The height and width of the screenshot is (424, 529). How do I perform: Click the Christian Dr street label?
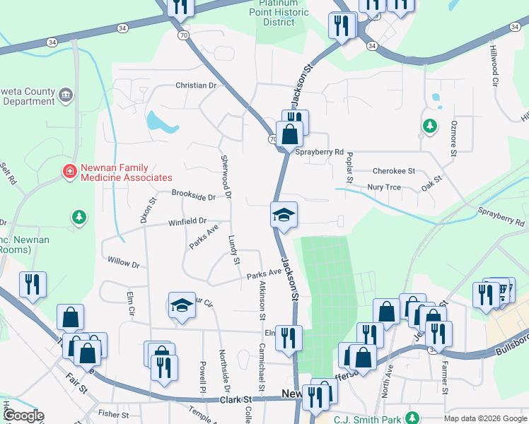pos(195,86)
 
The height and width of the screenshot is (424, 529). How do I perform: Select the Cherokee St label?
pos(393,171)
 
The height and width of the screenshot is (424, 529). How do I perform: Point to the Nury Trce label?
pos(384,187)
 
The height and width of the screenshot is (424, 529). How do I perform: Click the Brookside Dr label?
pos(193,195)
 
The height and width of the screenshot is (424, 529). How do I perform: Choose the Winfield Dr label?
pos(187,221)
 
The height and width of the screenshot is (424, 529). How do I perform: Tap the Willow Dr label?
pos(124,262)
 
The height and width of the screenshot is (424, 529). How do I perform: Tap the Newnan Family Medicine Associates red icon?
pos(70,172)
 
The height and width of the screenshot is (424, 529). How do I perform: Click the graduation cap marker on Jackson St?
pos(284,215)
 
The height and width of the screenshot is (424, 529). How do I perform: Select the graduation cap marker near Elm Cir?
pos(182,306)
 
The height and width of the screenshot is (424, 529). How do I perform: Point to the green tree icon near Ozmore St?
pos(429,125)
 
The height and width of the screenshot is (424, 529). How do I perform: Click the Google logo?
pos(23,416)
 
